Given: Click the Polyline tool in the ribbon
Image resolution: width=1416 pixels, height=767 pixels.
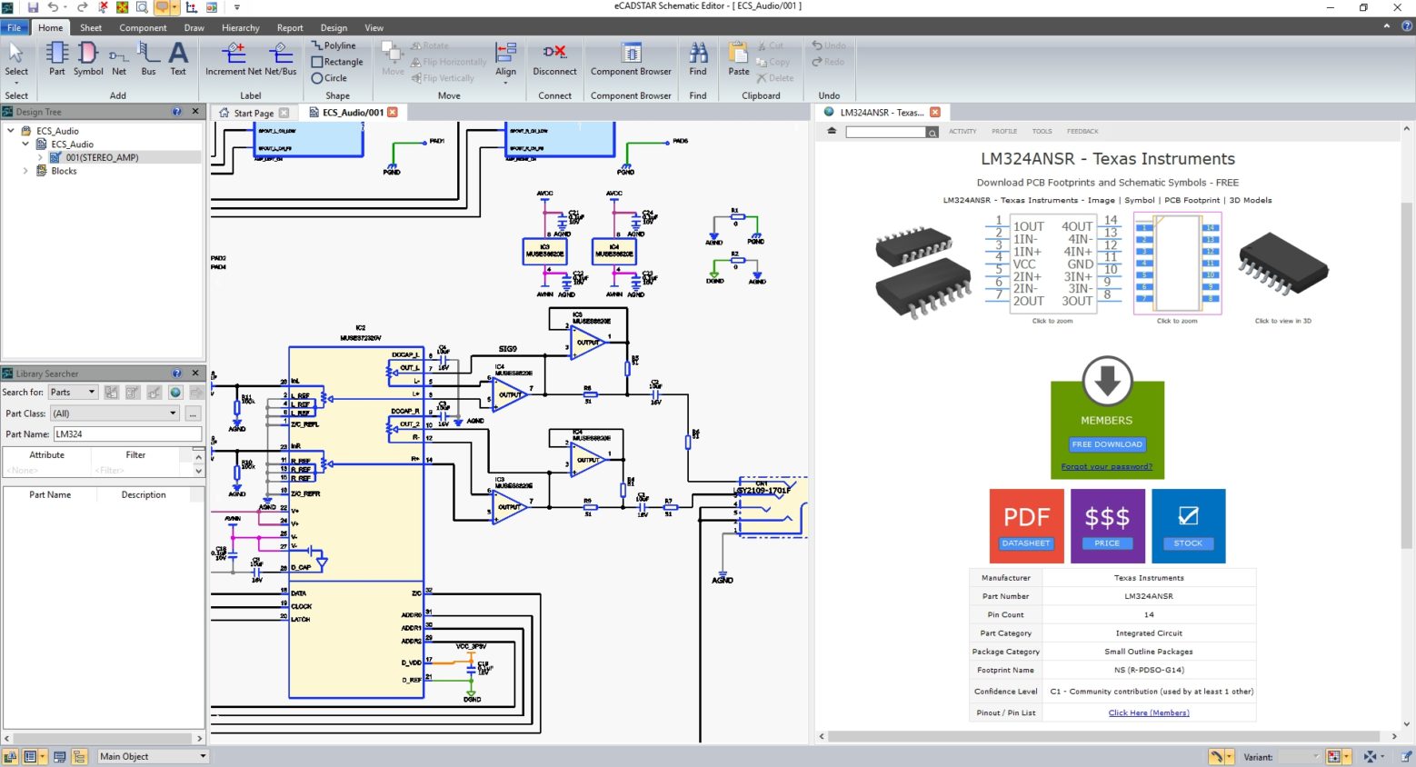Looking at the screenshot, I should coord(334,45).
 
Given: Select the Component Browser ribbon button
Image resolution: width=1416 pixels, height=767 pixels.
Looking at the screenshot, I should coord(631,60).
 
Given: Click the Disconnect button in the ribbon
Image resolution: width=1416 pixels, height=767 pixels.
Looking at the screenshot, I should coord(554,60).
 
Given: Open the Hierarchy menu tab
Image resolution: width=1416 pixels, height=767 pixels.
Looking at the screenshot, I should coord(240,28).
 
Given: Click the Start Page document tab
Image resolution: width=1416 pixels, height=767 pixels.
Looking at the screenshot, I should coord(253,114).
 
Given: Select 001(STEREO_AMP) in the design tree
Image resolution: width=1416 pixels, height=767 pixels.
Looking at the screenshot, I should coord(102,157).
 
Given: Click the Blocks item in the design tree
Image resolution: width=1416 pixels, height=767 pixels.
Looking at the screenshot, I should coord(64,171).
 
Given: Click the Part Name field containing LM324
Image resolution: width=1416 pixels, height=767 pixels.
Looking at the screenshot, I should coord(127,434).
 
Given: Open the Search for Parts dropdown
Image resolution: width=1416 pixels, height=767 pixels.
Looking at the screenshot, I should coord(73,393).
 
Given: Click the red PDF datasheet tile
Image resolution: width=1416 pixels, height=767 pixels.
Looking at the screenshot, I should coord(1026,525).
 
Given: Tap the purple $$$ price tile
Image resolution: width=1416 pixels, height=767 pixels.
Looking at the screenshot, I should coord(1107,525).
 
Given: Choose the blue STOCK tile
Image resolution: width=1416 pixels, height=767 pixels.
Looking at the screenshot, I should coord(1188,525).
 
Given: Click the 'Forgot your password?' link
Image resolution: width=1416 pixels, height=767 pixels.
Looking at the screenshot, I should coord(1106,467).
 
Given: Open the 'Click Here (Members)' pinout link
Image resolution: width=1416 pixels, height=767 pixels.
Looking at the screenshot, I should coord(1149,713).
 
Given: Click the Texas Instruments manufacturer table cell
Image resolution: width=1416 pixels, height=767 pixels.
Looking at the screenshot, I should coord(1149,578).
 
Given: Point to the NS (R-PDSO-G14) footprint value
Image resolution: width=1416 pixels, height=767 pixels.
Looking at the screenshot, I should coord(1149,671).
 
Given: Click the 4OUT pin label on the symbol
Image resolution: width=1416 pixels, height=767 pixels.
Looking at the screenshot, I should coord(1077,227).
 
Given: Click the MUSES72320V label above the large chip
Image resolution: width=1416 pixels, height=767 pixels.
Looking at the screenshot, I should coord(361,338).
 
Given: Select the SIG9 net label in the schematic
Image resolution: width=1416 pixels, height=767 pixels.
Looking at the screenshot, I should coord(507,349).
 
